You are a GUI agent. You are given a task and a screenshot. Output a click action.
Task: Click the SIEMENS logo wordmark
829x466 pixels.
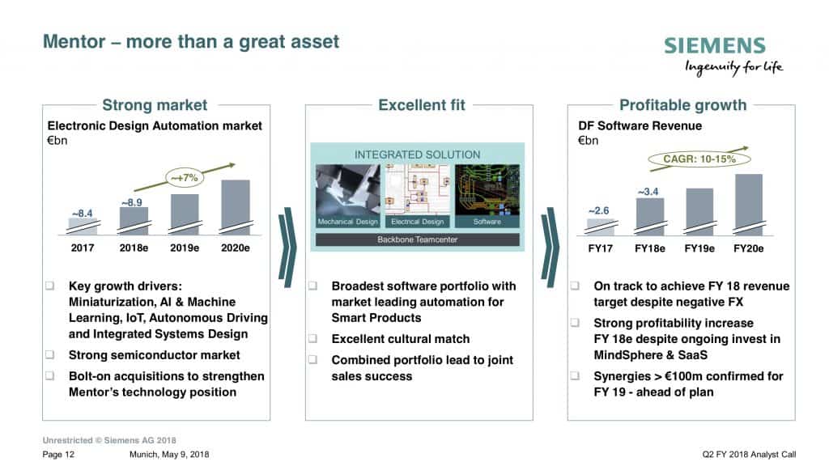(x=714, y=45)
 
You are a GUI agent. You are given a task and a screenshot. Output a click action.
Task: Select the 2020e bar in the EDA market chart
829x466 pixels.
(x=236, y=207)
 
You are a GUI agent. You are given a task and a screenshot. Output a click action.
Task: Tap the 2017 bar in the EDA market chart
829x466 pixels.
(x=83, y=227)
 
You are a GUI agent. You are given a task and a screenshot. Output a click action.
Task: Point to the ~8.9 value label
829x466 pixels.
(x=132, y=202)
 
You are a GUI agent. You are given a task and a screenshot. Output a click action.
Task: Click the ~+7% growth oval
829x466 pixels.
(x=184, y=178)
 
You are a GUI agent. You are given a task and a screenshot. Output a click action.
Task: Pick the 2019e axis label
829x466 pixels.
(x=185, y=248)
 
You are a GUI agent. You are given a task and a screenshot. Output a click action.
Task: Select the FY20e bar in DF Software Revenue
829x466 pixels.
(x=749, y=205)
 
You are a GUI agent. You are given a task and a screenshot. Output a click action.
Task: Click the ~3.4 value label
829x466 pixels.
(x=648, y=191)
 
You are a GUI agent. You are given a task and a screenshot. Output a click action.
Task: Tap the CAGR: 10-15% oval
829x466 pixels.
(x=699, y=159)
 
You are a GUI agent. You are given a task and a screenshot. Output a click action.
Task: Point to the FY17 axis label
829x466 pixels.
(x=600, y=248)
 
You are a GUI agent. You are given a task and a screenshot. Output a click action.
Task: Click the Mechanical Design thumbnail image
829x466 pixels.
(x=348, y=196)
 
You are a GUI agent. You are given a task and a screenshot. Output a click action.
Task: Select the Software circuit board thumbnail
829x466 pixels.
(x=487, y=196)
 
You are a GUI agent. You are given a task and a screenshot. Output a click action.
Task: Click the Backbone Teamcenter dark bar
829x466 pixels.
(x=418, y=239)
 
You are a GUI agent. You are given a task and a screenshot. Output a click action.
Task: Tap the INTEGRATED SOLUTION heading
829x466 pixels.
(x=418, y=155)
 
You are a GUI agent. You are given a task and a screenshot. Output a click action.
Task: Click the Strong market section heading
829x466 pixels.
(x=155, y=105)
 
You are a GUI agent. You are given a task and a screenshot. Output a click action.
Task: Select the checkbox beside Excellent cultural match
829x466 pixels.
(x=313, y=338)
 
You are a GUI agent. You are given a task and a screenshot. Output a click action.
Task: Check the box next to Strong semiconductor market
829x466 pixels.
(x=49, y=354)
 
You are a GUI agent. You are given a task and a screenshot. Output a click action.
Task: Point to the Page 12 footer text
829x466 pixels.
(x=58, y=455)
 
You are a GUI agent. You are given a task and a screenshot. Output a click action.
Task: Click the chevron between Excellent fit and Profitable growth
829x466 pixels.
(x=550, y=248)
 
